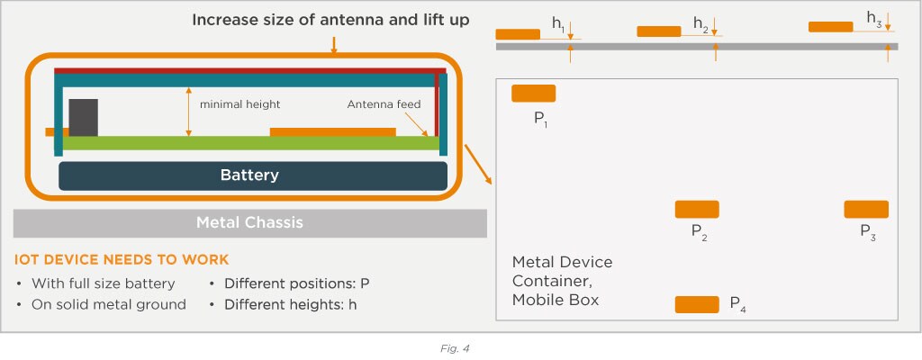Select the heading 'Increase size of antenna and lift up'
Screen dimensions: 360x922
(330, 19)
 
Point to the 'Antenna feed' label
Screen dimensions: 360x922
(384, 104)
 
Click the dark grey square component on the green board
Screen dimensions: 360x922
(83, 117)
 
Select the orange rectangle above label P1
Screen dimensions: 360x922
(533, 94)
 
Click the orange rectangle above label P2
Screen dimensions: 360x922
(697, 210)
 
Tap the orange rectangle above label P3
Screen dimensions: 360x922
(866, 210)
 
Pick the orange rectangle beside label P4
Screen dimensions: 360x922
(697, 305)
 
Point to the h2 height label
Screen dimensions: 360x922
(701, 24)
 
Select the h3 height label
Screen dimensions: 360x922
(873, 19)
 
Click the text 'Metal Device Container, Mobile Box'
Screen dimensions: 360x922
(562, 281)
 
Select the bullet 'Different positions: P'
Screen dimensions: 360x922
(296, 283)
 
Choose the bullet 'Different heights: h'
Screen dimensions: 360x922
(290, 304)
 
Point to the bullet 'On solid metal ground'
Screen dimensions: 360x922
(107, 304)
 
